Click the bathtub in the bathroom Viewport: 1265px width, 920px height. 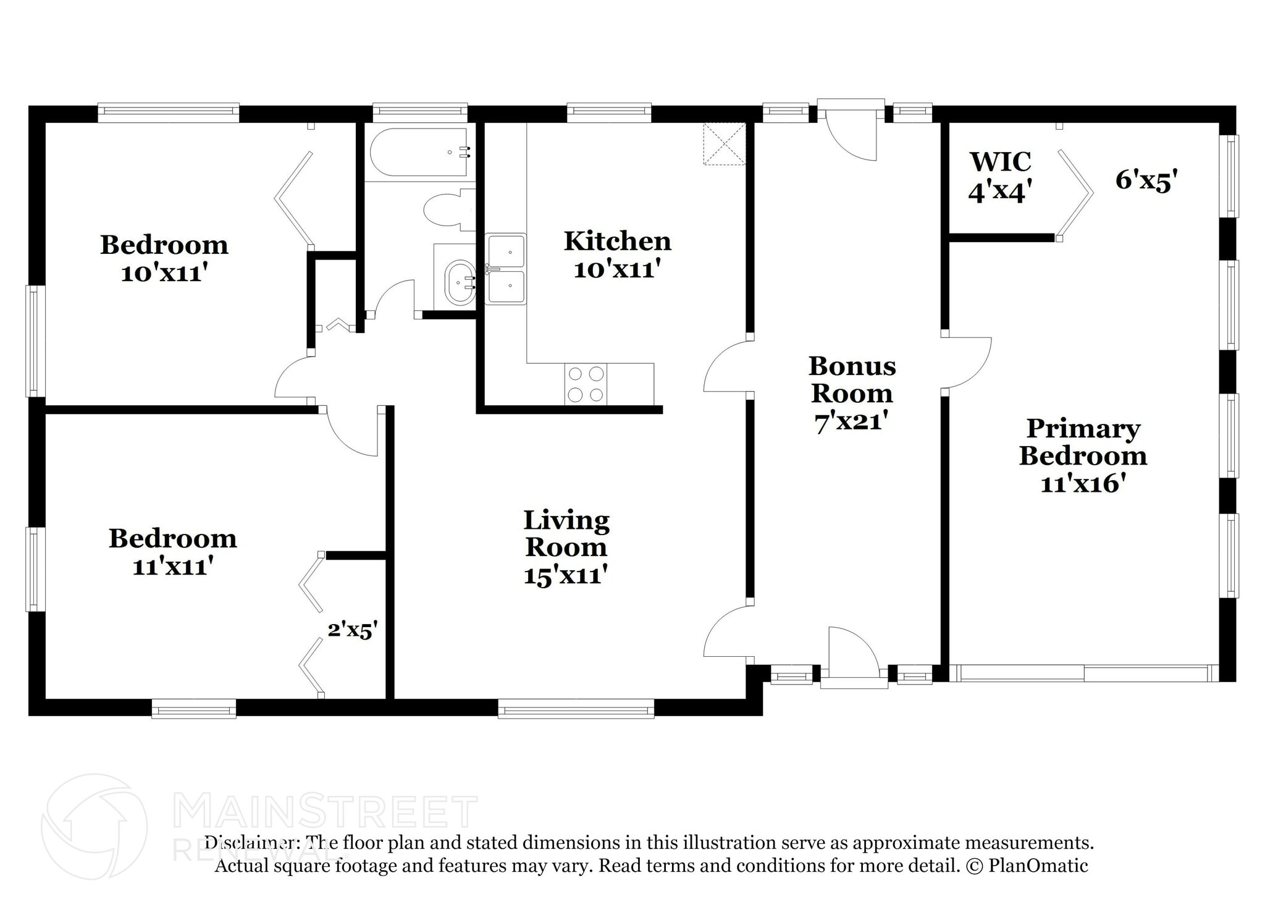(x=420, y=153)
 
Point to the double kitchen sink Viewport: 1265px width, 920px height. (x=506, y=269)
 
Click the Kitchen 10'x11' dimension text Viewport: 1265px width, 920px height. (x=617, y=269)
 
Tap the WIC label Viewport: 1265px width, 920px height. (x=1001, y=162)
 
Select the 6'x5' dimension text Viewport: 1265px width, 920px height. (x=1146, y=180)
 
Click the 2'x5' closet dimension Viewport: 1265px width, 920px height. (x=352, y=630)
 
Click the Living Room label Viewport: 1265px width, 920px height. (x=566, y=534)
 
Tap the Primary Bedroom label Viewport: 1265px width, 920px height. (x=1083, y=442)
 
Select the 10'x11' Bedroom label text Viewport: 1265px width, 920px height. (x=164, y=273)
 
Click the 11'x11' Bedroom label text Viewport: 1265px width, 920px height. (x=174, y=566)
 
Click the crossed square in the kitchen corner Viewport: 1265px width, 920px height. (x=725, y=144)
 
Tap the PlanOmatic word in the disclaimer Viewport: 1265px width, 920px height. (x=1038, y=866)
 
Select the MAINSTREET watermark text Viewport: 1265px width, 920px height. (x=326, y=812)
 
